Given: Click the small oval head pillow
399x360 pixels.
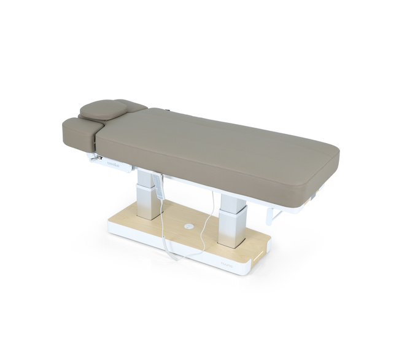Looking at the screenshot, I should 103,109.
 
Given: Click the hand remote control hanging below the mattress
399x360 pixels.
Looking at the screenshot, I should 161,188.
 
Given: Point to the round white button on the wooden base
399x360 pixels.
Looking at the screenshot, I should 188,227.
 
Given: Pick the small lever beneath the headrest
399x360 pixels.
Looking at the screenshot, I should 95,158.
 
